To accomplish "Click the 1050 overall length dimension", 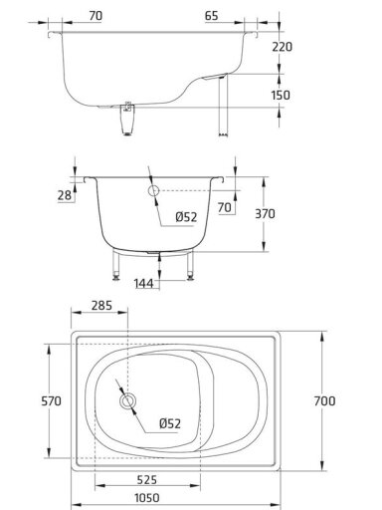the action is pyautogui.click(x=146, y=498).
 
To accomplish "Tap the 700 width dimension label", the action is pyautogui.click(x=324, y=400).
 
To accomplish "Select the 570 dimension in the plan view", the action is pyautogui.click(x=51, y=400).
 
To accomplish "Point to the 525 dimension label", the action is pyautogui.click(x=146, y=479).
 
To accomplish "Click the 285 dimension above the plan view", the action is pyautogui.click(x=101, y=306).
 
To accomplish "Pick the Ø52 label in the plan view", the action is pyautogui.click(x=170, y=423).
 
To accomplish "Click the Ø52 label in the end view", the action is pyautogui.click(x=186, y=217).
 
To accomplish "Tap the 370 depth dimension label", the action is pyautogui.click(x=265, y=214).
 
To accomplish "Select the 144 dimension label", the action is pyautogui.click(x=144, y=283).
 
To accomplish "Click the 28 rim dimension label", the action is pyautogui.click(x=65, y=195).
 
